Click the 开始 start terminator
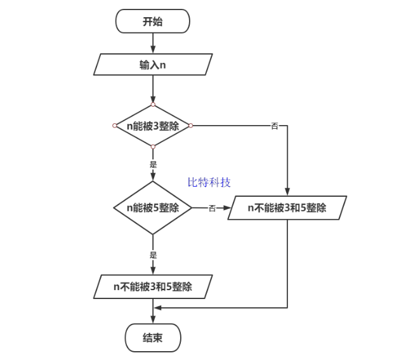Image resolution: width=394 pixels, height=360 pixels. click(152, 22)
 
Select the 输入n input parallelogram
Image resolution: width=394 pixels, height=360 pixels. click(153, 64)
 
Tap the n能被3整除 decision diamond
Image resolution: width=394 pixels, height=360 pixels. click(153, 126)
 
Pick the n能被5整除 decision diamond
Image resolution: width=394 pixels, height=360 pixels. click(153, 208)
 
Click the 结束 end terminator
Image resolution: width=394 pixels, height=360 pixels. click(153, 337)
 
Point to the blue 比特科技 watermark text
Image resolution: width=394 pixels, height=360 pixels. click(209, 182)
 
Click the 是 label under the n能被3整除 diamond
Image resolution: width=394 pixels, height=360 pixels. click(153, 164)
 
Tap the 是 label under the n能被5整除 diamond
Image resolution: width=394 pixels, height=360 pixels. click(153, 255)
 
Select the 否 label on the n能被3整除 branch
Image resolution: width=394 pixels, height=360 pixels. click(274, 126)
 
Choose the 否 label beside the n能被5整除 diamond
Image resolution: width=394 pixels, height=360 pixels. click(212, 208)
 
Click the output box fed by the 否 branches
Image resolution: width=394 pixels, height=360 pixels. click(287, 208)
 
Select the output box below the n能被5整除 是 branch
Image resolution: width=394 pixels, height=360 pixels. click(153, 286)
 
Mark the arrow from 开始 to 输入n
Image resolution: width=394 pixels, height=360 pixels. click(153, 43)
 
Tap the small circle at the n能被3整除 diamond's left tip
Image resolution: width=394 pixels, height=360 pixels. click(114, 126)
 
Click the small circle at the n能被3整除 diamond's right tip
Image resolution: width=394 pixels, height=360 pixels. click(191, 126)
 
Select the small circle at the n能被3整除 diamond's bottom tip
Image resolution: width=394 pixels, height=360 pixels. click(153, 147)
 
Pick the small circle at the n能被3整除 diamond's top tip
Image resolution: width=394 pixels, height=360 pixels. click(153, 105)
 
